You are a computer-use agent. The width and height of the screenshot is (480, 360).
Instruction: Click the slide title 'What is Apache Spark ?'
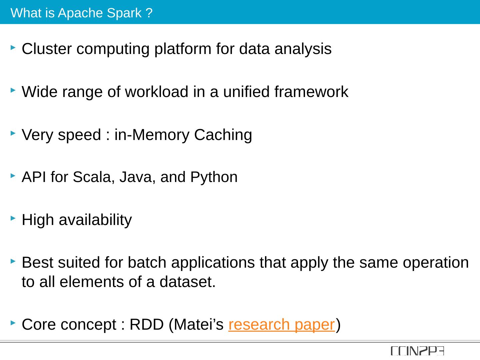82,13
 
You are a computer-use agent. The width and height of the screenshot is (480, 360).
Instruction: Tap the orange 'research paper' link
281,324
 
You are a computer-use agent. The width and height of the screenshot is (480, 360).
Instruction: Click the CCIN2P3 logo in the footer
417,351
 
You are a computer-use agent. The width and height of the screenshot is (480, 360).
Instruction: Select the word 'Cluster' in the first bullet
47,49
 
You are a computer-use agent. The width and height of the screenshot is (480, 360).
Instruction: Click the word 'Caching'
223,135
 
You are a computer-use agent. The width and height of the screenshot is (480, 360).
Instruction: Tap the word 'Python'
214,177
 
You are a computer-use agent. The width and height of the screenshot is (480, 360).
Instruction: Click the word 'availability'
95,220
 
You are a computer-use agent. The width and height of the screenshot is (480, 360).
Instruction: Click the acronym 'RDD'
147,324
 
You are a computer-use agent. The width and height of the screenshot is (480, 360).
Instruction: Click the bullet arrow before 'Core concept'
13,323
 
